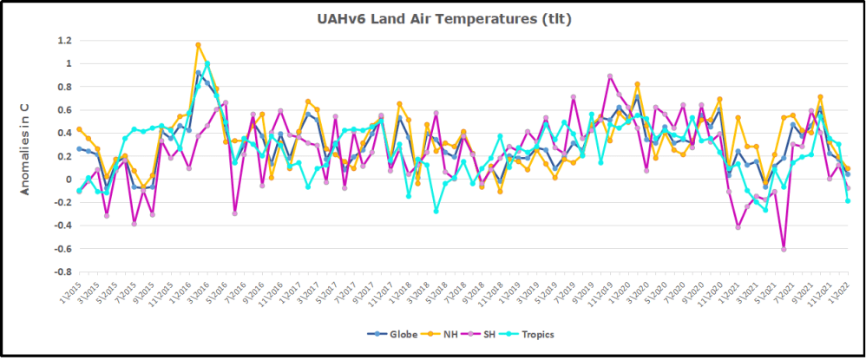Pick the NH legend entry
click(448, 334)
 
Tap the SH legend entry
click(488, 334)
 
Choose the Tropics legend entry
click(536, 334)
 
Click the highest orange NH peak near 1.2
click(198, 44)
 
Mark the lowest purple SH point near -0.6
click(784, 249)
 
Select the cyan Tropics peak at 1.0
click(207, 63)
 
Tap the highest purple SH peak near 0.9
click(610, 76)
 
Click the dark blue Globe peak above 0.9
click(198, 73)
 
